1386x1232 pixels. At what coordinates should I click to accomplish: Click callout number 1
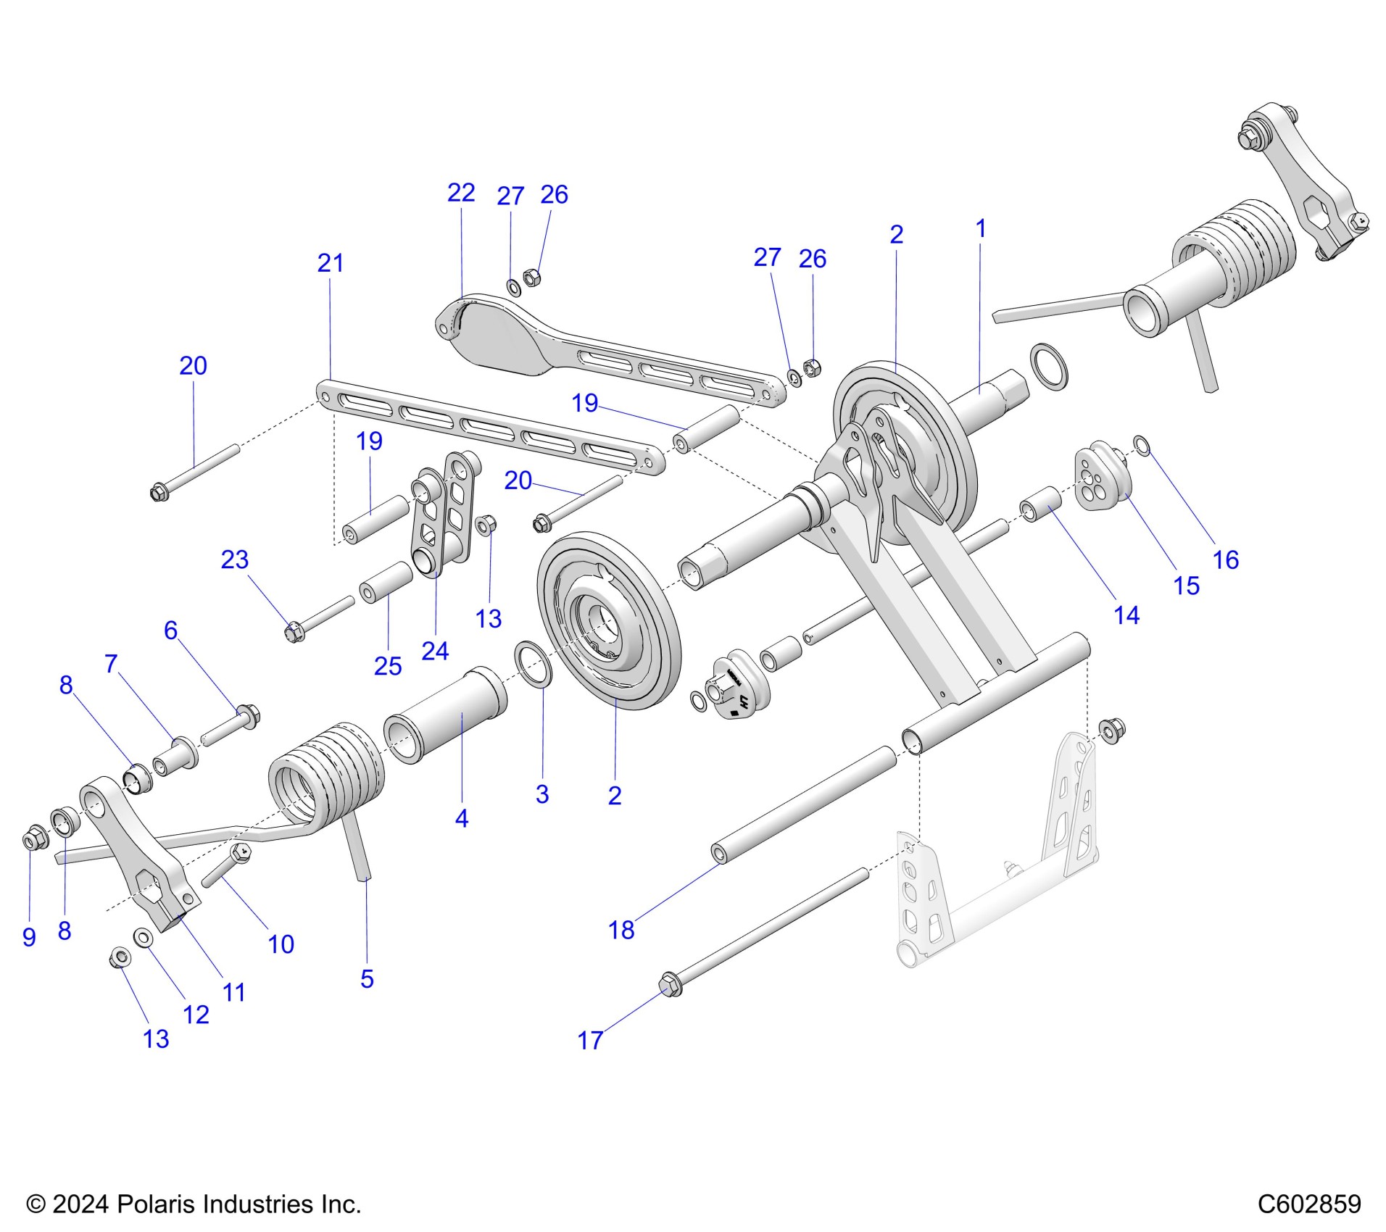(x=980, y=229)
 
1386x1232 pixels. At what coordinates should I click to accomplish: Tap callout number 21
(x=331, y=263)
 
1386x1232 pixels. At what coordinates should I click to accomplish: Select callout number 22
(x=461, y=193)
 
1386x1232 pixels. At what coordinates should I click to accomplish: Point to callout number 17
(x=590, y=1041)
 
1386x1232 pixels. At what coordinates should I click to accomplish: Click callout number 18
(x=621, y=930)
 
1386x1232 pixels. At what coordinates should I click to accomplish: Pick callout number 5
(x=367, y=979)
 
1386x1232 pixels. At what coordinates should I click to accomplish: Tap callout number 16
(x=1226, y=559)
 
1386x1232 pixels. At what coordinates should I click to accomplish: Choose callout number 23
(x=234, y=559)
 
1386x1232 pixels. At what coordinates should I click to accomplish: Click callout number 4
(x=461, y=819)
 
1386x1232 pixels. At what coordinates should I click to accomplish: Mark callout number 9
(x=29, y=937)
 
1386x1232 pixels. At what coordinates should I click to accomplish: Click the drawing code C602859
(x=1308, y=1204)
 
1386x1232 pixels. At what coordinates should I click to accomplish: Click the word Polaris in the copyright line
(x=157, y=1204)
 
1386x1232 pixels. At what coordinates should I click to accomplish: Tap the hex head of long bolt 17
(x=671, y=986)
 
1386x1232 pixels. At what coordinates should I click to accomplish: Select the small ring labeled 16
(x=1142, y=446)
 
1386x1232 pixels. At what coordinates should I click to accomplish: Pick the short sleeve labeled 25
(x=386, y=583)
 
